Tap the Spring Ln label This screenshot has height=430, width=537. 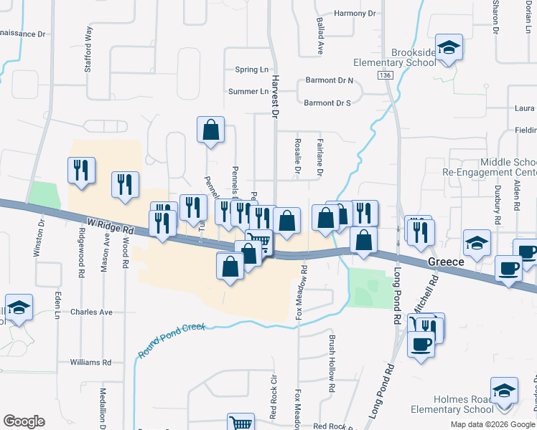coord(251,70)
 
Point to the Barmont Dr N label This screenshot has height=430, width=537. coord(330,81)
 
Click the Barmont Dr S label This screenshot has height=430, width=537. coord(327,103)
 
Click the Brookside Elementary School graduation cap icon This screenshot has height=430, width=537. coord(449,48)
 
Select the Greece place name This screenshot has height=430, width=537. coord(447,262)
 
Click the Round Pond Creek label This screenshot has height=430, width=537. coord(172,339)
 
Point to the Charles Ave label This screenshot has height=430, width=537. coord(92,312)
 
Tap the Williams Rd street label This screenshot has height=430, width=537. coord(90,363)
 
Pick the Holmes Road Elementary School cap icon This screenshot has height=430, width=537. coord(505,391)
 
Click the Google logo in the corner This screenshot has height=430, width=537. coord(24,421)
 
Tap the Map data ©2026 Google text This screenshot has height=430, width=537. coord(493,424)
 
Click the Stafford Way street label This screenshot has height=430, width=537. coord(89,41)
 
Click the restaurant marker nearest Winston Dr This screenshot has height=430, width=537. coord(80,171)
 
